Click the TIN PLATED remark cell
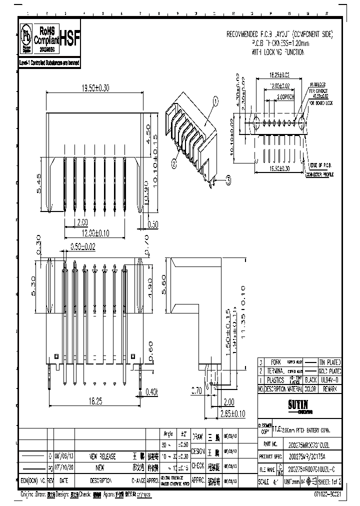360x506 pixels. pyautogui.click(x=331, y=362)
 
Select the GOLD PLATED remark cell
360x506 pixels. pyautogui.click(x=331, y=371)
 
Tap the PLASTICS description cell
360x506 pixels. pyautogui.click(x=275, y=379)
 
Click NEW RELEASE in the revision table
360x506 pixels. pyautogui.click(x=102, y=456)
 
